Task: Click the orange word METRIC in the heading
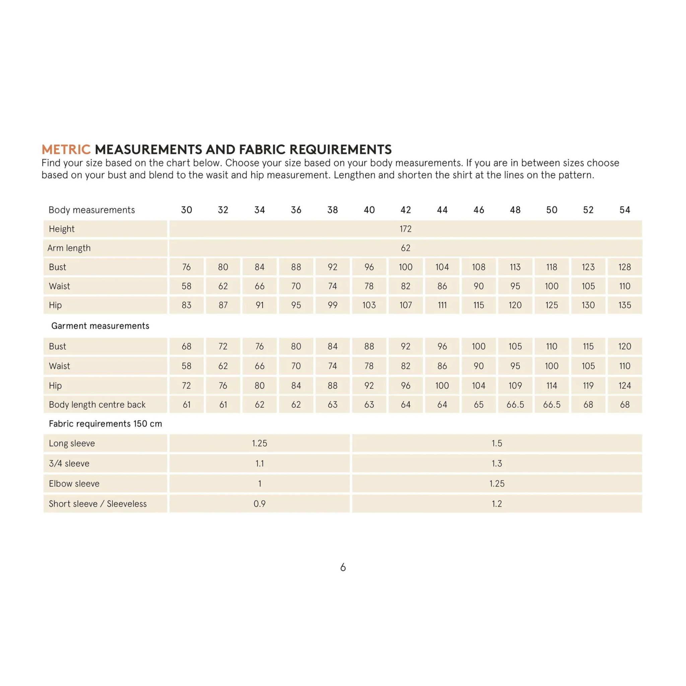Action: point(66,149)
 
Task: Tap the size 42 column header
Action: point(406,210)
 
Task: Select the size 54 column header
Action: point(625,210)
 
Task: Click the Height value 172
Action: point(406,229)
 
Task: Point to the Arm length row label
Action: point(69,248)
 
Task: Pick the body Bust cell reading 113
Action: point(515,267)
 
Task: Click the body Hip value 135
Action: point(625,305)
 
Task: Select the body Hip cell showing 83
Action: point(187,305)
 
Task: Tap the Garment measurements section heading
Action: point(100,326)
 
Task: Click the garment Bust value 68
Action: point(187,347)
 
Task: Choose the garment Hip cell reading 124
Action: point(625,386)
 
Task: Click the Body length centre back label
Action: point(97,405)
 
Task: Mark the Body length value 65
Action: point(478,405)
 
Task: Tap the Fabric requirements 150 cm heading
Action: point(105,424)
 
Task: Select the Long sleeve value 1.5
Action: point(497,443)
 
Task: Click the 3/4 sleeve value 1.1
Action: point(260,463)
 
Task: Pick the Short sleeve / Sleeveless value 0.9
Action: point(260,504)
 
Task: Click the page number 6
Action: point(343,567)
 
